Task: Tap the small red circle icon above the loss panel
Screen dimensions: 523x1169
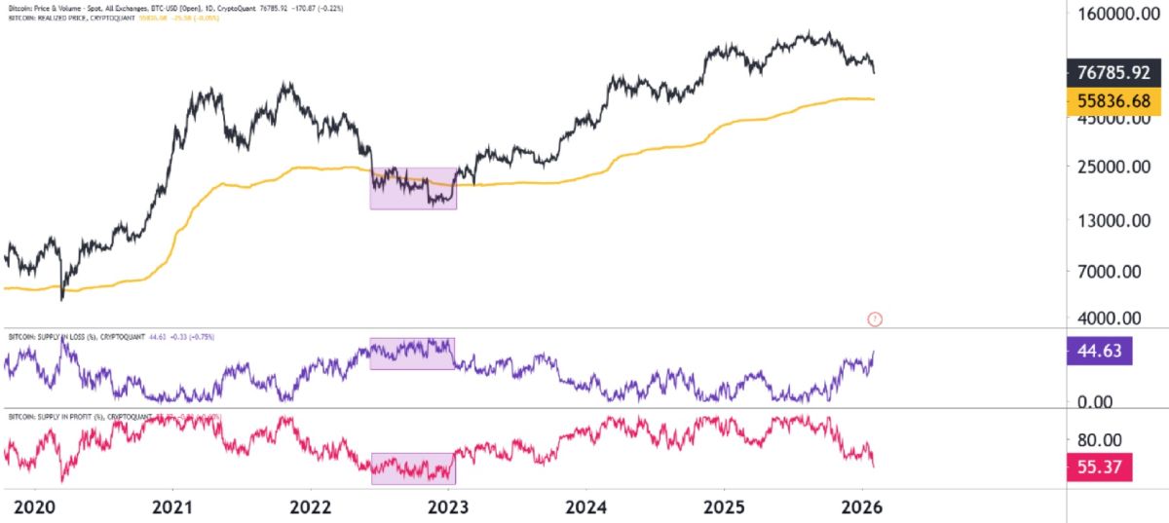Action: tap(874, 318)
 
